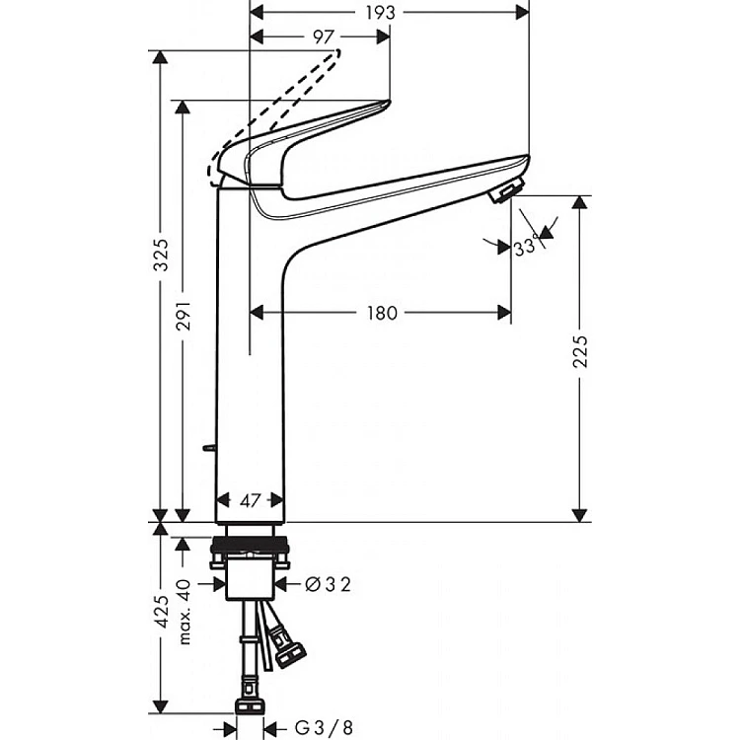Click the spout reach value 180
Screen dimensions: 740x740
(381, 314)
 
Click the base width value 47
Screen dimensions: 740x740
(251, 501)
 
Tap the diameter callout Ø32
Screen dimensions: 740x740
(329, 584)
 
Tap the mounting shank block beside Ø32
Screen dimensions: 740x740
(251, 581)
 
